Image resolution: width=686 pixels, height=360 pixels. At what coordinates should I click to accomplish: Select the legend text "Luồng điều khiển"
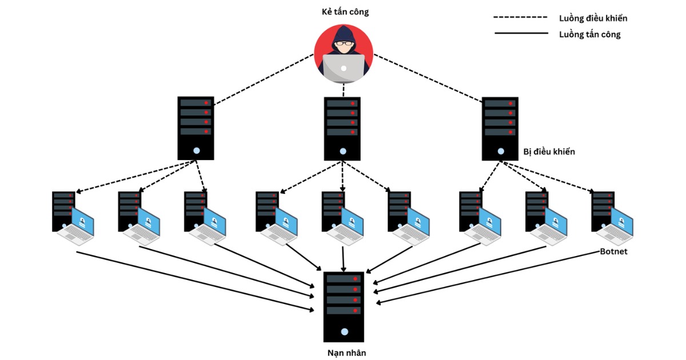(x=593, y=18)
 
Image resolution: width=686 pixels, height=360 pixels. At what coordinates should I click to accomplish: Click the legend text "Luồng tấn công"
(x=589, y=34)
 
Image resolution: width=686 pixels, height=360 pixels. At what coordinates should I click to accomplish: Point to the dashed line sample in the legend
(x=521, y=18)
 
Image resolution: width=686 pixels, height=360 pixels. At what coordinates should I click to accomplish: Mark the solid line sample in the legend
(x=521, y=34)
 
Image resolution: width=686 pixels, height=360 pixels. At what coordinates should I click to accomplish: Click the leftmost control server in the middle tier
(x=196, y=127)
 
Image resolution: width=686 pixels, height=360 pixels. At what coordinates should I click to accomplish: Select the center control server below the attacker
(x=342, y=128)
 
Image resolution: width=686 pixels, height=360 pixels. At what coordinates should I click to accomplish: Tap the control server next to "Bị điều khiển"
(x=500, y=128)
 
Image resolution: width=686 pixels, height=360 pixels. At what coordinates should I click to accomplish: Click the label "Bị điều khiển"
(x=549, y=152)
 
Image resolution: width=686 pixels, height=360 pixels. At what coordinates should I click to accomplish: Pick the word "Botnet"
(x=613, y=251)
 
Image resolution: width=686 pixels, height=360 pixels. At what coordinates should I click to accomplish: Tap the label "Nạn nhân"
(x=344, y=353)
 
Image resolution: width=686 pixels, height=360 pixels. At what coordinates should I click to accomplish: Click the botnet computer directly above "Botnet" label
(x=613, y=218)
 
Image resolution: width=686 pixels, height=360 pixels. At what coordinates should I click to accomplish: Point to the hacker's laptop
(x=343, y=67)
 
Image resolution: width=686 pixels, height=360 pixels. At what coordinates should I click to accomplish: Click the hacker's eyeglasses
(x=343, y=43)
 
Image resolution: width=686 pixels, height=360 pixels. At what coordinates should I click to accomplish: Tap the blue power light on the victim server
(x=344, y=331)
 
